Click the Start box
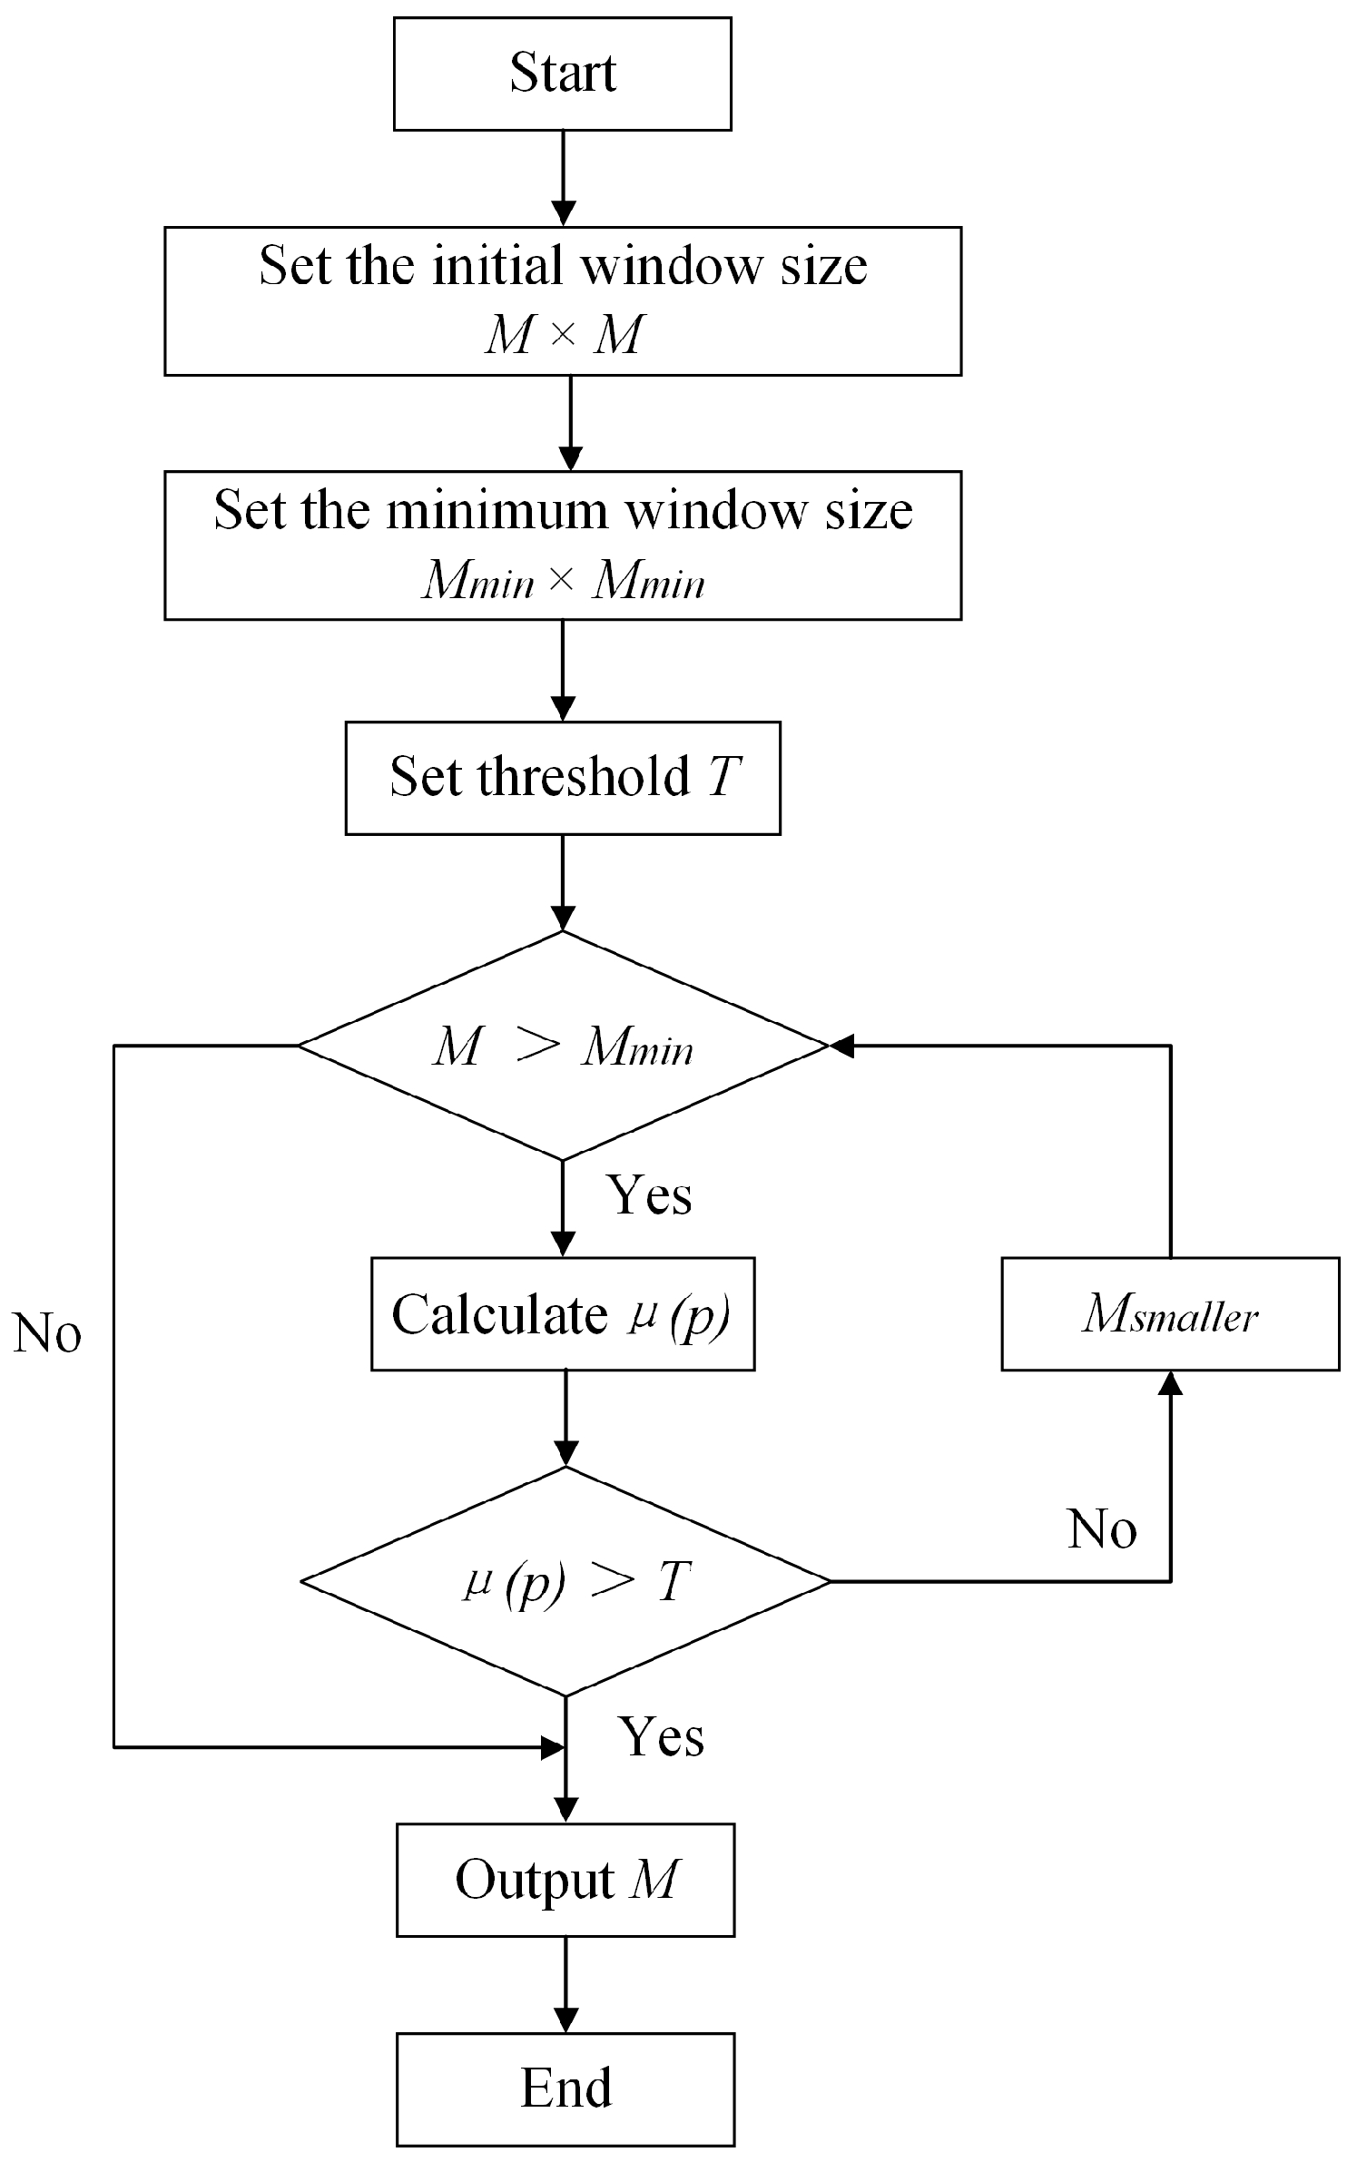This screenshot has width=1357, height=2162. [562, 74]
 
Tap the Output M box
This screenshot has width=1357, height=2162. [565, 1880]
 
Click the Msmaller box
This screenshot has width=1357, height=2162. [1169, 1313]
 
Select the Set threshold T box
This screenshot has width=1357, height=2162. [562, 778]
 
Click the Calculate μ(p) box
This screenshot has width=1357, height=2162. [562, 1313]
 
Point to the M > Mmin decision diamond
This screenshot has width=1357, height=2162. [562, 1046]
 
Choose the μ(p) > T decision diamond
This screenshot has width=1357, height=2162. [565, 1581]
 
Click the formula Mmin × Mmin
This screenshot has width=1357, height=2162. [562, 580]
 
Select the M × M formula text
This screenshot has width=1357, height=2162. [562, 335]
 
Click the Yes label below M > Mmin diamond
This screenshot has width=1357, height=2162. [648, 1194]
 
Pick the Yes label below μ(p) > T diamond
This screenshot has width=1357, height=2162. [661, 1736]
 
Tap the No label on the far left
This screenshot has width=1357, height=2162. [47, 1334]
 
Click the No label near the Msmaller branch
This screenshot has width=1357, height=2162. [1101, 1528]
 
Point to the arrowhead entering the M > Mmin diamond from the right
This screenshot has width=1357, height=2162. [841, 1046]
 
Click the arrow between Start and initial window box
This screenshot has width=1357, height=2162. [563, 178]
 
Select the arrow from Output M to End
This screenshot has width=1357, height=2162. [565, 1984]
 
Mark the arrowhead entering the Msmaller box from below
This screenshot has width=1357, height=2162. [1170, 1382]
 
